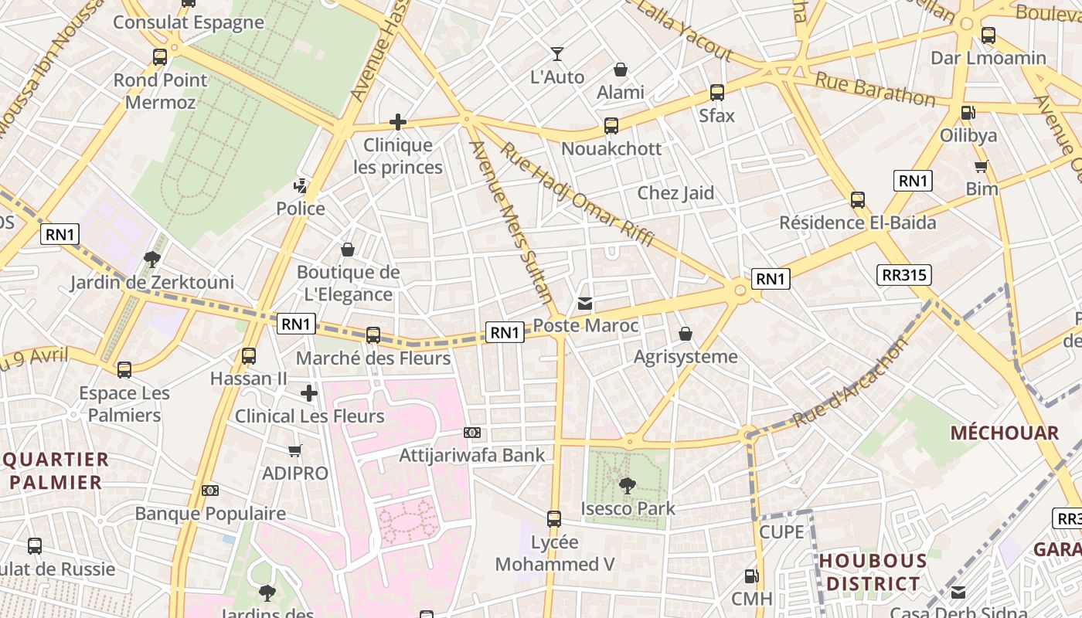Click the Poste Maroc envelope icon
(x=585, y=304)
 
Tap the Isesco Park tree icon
(x=628, y=486)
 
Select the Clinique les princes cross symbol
(x=398, y=122)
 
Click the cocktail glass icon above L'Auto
(x=556, y=54)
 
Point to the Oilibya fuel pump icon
(x=968, y=113)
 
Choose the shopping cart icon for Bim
(x=982, y=166)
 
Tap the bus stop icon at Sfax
(x=717, y=93)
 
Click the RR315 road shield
(x=904, y=275)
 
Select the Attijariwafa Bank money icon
(x=472, y=433)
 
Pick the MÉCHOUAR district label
(x=1004, y=433)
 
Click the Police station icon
(x=301, y=185)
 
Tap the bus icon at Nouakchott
(x=611, y=126)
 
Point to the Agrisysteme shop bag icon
(x=685, y=334)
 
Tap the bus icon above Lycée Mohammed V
(x=554, y=518)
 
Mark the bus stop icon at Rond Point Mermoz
(x=160, y=57)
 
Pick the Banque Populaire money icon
(x=210, y=491)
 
